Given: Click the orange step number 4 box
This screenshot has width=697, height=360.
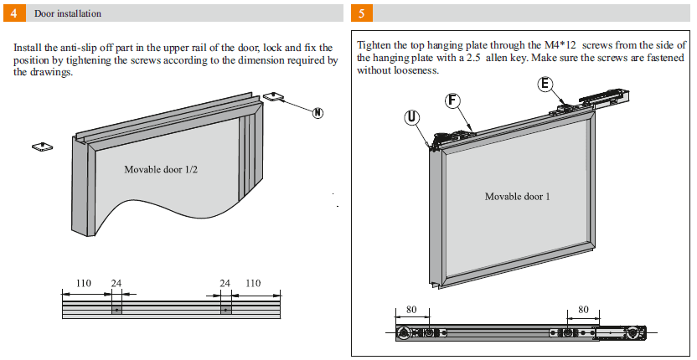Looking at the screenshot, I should point(13,13).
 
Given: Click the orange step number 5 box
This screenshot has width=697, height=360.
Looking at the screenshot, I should point(360,13).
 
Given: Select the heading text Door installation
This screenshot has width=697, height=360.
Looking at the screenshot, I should point(68,14).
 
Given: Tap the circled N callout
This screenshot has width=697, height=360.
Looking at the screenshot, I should point(318,114).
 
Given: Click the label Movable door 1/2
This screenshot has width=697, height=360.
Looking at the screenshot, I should point(161,169).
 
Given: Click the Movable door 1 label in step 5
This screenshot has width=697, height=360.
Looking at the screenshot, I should point(517,197).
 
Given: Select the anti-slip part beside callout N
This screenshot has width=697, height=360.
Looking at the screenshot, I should point(273,97).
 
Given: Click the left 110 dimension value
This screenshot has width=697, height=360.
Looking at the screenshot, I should point(84,284).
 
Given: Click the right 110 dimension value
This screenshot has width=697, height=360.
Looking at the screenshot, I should point(252,284).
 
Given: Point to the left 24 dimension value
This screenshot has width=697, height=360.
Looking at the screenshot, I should point(116,284).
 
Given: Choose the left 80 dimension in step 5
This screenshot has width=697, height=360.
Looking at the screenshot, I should point(411,309).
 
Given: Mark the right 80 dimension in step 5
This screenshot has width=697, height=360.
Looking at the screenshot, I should point(583,309).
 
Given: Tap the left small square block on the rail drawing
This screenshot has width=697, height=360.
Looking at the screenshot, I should point(116,310).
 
